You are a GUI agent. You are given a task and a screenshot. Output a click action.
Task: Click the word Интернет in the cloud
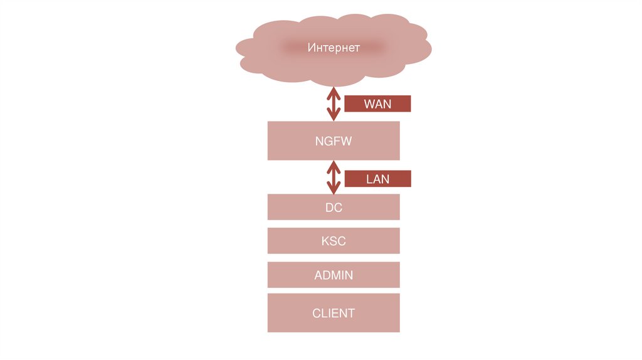[334, 48]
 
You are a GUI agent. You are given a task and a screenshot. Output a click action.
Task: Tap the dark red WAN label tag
[377, 103]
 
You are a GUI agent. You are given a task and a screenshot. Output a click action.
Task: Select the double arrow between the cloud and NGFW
[334, 103]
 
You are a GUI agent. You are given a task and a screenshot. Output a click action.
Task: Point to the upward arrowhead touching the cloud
[334, 92]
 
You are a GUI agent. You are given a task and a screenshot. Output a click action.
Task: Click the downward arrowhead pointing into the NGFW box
[334, 115]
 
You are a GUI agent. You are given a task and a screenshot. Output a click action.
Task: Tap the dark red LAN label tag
[377, 179]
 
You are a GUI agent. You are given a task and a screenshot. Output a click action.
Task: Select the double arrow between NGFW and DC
[334, 177]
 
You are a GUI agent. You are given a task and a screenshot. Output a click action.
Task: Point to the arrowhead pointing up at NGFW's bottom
[334, 167]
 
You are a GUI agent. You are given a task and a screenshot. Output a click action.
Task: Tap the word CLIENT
[334, 312]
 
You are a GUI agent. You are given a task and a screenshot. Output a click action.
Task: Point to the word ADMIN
[334, 275]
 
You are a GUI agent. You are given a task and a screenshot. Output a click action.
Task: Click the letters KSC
[334, 241]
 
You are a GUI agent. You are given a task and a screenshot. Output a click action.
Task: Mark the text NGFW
[334, 141]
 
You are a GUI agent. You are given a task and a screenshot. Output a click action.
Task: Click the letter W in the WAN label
[369, 104]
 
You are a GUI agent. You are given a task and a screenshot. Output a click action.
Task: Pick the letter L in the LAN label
[369, 179]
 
